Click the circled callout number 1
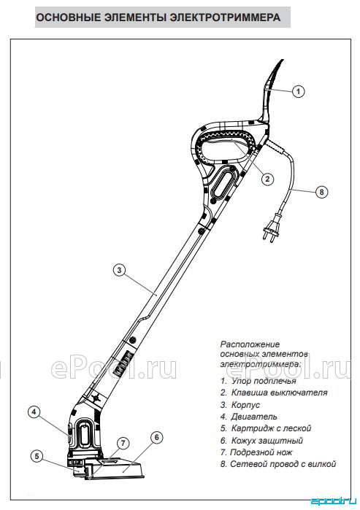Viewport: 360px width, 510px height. tap(298, 91)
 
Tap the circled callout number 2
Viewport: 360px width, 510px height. tap(267, 179)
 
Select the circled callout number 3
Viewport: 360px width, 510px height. tap(119, 270)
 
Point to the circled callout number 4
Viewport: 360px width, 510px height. tap(34, 412)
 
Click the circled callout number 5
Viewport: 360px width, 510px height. tap(37, 456)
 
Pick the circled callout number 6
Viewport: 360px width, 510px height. tap(156, 438)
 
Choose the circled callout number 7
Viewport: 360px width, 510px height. tap(123, 443)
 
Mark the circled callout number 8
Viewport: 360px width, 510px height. tap(321, 192)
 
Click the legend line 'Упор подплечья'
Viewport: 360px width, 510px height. tap(258, 381)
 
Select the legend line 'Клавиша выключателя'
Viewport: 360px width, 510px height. tap(274, 393)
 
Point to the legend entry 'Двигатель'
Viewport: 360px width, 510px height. tap(249, 417)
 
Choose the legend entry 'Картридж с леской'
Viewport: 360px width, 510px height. tap(266, 428)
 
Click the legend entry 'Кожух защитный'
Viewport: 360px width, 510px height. tap(261, 441)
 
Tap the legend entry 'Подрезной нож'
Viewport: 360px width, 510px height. tap(256, 452)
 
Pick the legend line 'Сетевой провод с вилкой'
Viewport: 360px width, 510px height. tap(278, 464)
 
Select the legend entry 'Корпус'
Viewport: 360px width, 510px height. tap(240, 405)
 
